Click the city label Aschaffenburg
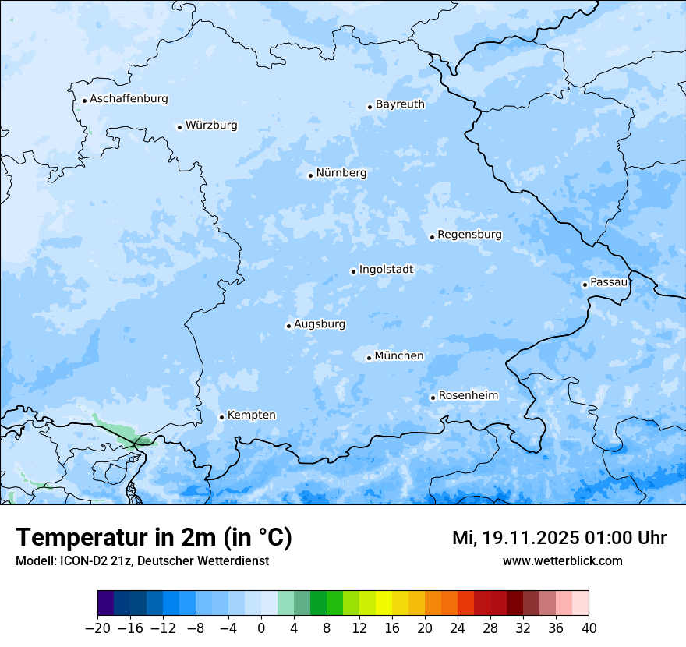129,99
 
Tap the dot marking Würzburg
179,127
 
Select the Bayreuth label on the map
400,104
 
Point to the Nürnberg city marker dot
310,175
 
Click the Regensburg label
469,234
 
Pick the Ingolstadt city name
386,269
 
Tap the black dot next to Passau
585,285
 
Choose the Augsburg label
320,323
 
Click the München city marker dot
369,358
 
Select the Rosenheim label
468,395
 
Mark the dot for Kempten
221,417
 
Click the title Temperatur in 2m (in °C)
154,538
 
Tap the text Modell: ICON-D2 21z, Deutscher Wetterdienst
142,561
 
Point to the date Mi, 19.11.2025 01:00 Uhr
559,538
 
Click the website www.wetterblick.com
562,561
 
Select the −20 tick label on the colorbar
97,628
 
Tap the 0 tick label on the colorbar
261,628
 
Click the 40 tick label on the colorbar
589,628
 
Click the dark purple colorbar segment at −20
106,603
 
